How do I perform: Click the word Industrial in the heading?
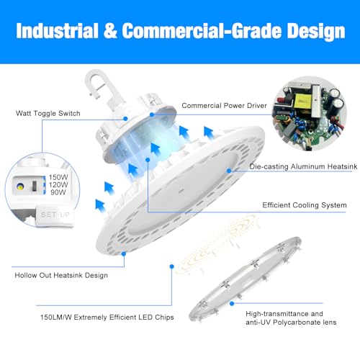(57, 31)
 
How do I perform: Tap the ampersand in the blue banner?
(110, 31)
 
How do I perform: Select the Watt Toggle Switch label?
(48, 113)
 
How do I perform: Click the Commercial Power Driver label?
(224, 106)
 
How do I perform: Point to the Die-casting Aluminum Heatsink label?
(303, 166)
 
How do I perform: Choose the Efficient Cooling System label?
(305, 205)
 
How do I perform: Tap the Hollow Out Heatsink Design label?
(61, 275)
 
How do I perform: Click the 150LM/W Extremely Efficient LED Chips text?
(107, 318)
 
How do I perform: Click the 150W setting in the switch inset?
(58, 177)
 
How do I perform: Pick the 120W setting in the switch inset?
(58, 184)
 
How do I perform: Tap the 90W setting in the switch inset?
(58, 192)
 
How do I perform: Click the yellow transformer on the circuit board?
(303, 102)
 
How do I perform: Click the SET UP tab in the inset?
(55, 215)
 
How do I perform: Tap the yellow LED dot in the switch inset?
(20, 186)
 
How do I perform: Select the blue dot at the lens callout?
(232, 304)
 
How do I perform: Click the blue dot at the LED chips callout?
(171, 266)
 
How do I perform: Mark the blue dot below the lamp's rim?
(124, 253)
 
